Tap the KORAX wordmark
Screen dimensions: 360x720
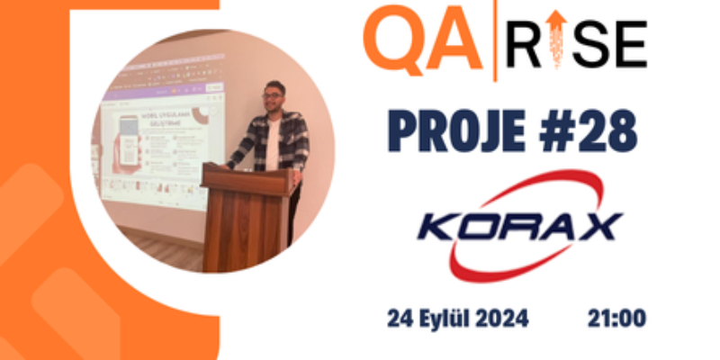point(519,224)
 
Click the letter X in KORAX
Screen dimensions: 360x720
point(598,224)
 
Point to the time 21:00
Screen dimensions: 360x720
point(616,319)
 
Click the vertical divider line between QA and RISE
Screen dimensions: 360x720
point(497,40)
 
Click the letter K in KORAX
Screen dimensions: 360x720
point(438,224)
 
